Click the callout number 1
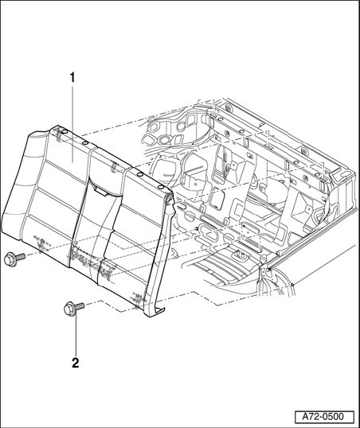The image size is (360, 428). (72, 78)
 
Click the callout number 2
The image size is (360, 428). (75, 363)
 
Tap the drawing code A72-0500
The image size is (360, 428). (324, 417)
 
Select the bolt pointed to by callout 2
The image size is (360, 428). (73, 309)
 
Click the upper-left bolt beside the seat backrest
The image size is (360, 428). (14, 259)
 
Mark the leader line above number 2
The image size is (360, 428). (76, 336)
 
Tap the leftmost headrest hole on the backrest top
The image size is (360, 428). (65, 132)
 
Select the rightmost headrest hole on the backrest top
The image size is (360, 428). (161, 187)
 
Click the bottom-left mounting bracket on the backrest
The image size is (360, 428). (41, 243)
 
